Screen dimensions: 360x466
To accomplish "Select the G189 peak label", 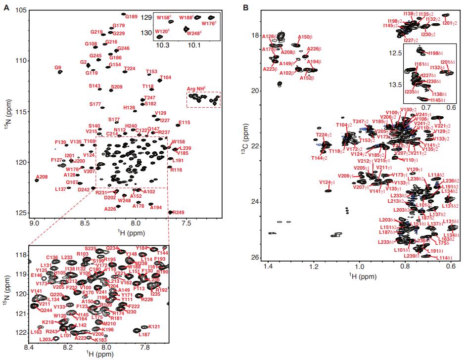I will [131, 17].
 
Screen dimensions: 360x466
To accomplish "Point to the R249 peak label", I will [179, 213].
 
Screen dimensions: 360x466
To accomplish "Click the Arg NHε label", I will [196, 89].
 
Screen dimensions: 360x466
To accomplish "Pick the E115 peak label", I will [184, 123].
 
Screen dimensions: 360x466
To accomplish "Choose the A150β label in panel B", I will [305, 37].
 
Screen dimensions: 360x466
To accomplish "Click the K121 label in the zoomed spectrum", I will [154, 327].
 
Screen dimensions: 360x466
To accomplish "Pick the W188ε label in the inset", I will [186, 18].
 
